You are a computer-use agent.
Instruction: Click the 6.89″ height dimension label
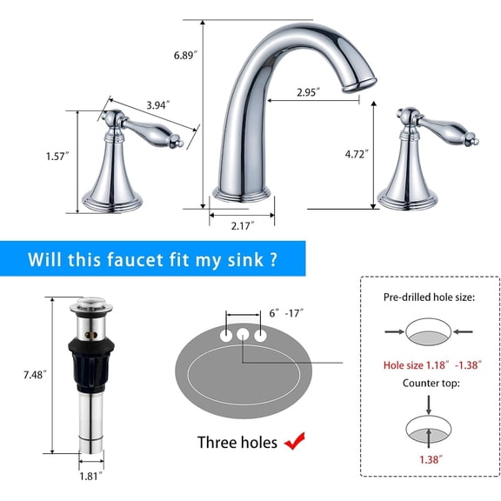coord(187,54)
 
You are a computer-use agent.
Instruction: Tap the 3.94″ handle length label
coord(157,105)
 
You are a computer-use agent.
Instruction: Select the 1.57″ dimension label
coord(57,157)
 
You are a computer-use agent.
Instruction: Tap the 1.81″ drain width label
coord(90,476)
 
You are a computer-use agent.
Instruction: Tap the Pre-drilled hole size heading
coord(430,297)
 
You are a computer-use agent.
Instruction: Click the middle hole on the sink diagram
coord(241,335)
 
